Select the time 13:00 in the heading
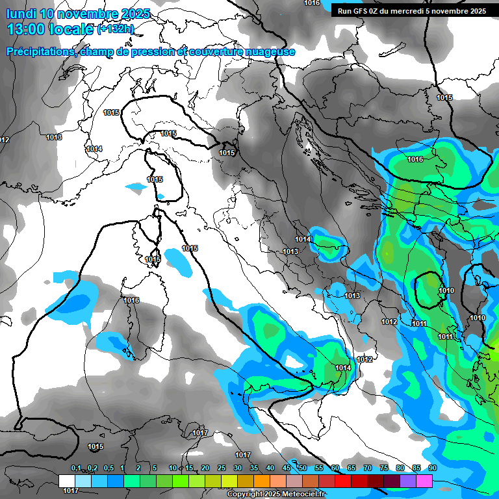25,29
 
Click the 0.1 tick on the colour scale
75,468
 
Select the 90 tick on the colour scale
433,468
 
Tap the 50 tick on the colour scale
303,468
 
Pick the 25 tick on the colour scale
222,468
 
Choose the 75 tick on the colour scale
384,468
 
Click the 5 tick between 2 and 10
155,468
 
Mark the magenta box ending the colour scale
424,481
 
